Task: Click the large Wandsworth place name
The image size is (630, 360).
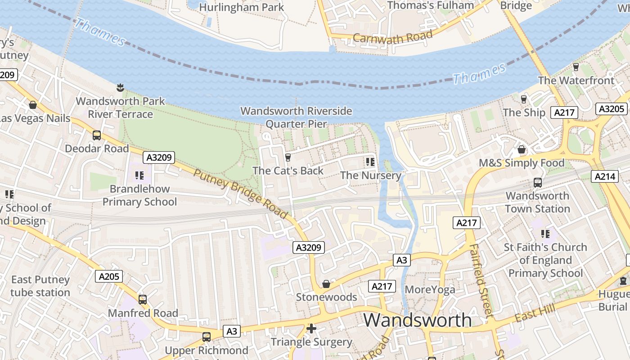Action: tap(418, 320)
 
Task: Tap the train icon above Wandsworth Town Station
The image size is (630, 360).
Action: tap(537, 182)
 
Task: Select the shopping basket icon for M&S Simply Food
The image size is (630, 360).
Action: tap(522, 149)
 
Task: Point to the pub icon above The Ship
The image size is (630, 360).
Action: tap(523, 99)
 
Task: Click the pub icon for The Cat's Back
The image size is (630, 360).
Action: tap(288, 157)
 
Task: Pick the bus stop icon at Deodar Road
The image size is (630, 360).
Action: tap(96, 135)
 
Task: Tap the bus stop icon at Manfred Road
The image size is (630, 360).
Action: tap(143, 299)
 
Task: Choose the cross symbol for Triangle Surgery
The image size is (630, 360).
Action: tap(311, 328)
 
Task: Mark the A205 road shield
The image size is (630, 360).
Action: tap(109, 276)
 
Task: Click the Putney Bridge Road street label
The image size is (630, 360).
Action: tap(240, 194)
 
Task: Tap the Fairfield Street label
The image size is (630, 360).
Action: tap(480, 280)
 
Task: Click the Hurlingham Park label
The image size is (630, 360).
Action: tap(241, 7)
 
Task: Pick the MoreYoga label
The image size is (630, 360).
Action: tap(430, 289)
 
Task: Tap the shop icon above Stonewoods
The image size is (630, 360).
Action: tap(326, 284)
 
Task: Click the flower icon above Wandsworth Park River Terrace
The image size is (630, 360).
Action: tap(120, 87)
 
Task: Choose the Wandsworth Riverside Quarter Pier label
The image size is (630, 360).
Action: tap(296, 117)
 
